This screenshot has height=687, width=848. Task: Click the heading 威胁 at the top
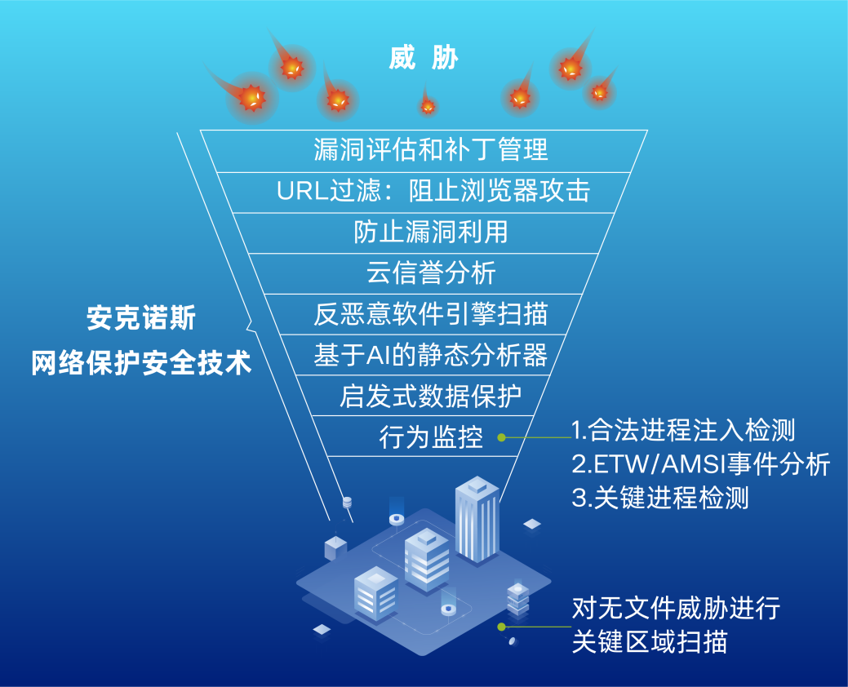click(x=424, y=59)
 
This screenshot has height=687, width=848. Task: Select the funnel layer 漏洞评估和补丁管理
click(x=430, y=150)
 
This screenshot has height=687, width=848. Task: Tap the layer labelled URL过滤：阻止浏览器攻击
click(x=433, y=191)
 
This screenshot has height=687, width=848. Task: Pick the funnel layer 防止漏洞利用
click(x=430, y=232)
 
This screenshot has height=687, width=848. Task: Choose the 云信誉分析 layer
click(x=430, y=273)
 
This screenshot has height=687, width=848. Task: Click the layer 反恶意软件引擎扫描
click(x=430, y=313)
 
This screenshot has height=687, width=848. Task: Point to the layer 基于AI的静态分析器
click(x=430, y=355)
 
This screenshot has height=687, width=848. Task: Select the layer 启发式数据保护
click(x=430, y=396)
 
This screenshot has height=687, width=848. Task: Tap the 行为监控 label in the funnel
click(x=431, y=437)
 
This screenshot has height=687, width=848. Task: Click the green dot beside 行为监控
click(x=501, y=437)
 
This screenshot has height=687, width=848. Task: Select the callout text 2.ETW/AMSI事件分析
click(x=700, y=463)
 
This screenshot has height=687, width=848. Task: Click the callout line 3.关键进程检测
click(x=659, y=498)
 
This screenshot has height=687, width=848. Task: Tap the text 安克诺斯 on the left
click(x=141, y=319)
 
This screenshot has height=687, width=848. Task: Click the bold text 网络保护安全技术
click(x=141, y=363)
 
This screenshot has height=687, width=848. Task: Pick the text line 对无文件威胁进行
click(x=676, y=608)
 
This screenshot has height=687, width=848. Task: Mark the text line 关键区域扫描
click(x=649, y=642)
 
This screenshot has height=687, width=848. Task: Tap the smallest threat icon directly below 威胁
click(x=428, y=105)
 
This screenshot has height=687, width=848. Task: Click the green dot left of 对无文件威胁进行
click(x=501, y=627)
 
